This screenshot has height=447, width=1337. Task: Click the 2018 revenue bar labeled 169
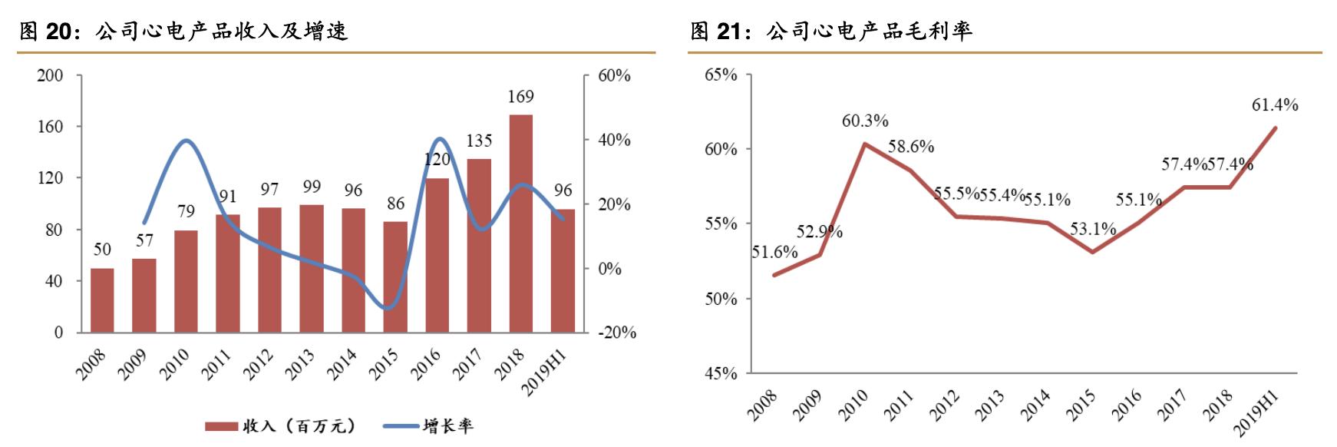click(520, 223)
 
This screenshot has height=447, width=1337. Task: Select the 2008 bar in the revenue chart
click(102, 300)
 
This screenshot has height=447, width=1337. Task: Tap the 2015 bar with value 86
click(395, 276)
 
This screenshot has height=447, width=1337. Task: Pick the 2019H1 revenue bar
click(563, 270)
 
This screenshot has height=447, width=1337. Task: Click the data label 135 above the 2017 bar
click(479, 141)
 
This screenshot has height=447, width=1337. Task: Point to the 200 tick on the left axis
click(50, 75)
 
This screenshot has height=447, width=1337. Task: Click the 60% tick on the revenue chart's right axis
click(615, 75)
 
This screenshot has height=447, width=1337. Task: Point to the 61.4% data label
click(1274, 105)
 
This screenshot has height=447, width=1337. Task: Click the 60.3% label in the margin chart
click(865, 121)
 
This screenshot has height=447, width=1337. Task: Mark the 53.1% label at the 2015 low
click(1093, 228)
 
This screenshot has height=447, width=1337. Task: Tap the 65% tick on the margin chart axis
click(721, 75)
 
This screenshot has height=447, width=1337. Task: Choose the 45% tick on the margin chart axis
click(721, 373)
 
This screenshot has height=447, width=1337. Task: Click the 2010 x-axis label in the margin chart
click(852, 405)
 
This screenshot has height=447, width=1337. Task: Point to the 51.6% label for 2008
click(774, 252)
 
